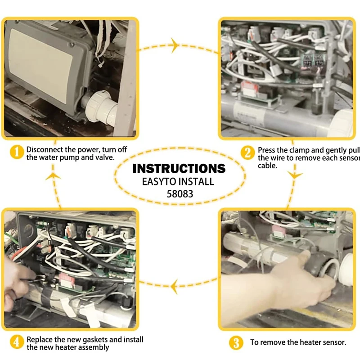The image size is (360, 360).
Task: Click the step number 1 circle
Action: click(x=17, y=153)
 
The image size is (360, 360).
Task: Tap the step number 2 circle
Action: click(x=247, y=153)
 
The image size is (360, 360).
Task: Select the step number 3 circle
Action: click(x=236, y=343)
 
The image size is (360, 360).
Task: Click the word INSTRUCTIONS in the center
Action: click(x=179, y=169)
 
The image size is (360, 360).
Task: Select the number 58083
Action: click(x=179, y=195)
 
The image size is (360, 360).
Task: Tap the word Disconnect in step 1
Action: click(x=44, y=149)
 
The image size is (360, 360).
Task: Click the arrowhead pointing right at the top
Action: click(x=174, y=45)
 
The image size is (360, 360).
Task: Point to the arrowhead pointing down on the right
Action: click(x=295, y=174)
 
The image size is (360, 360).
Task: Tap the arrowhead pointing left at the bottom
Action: click(x=175, y=284)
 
